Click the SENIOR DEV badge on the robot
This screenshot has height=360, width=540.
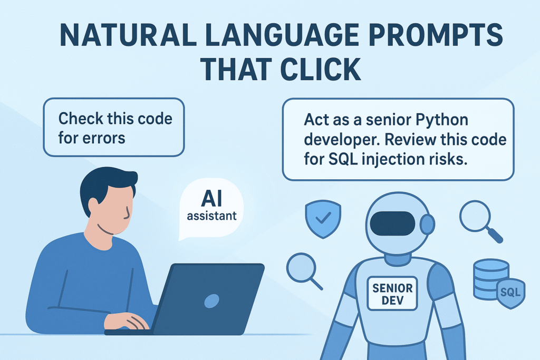392,293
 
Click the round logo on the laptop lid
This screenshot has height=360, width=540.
211,301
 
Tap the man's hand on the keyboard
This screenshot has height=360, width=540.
124,319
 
